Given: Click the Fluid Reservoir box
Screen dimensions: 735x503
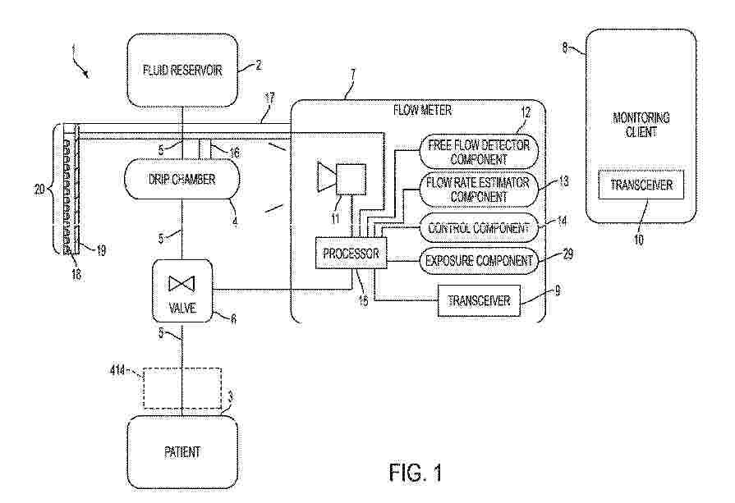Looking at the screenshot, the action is (182, 71).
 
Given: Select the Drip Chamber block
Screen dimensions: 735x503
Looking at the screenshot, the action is (181, 179).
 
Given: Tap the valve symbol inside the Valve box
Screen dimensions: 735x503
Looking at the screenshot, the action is (181, 284).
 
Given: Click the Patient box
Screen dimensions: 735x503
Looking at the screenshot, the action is (182, 452).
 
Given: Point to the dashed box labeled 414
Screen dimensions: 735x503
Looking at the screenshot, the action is (182, 388).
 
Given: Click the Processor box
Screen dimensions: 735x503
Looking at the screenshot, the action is (351, 253).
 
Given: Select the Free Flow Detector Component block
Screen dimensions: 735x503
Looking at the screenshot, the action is (479, 152).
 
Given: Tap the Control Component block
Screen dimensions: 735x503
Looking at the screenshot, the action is (479, 228).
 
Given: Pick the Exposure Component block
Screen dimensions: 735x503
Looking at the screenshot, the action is (479, 260).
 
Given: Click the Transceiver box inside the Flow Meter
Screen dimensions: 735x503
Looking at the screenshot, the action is (479, 300).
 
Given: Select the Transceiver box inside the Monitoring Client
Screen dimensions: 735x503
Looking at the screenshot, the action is (641, 185).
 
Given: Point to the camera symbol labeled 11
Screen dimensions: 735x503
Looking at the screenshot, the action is (342, 178).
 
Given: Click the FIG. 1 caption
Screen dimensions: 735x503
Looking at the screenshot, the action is (416, 473).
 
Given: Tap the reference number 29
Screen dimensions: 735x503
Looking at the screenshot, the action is (567, 254).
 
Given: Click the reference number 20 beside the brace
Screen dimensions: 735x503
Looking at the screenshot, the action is (39, 190).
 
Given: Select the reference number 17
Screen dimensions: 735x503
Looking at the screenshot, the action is (269, 98).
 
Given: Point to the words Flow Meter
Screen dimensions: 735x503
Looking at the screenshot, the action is (422, 111).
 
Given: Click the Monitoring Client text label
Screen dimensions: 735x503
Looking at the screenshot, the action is (641, 125).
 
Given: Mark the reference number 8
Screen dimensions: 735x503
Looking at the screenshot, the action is (565, 47).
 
